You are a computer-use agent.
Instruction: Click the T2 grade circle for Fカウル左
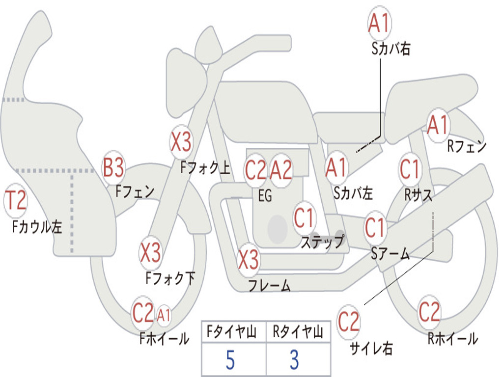click(15, 201)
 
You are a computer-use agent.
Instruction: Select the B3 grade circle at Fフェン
click(113, 167)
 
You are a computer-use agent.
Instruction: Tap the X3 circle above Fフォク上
click(181, 142)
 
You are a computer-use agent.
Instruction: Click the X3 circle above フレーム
click(248, 259)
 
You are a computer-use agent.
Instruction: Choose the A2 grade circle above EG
click(281, 170)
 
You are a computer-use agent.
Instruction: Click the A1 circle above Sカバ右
click(380, 23)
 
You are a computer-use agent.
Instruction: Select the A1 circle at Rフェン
click(438, 125)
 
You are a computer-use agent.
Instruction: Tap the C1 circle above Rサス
click(410, 169)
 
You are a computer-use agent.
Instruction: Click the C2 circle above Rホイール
click(429, 312)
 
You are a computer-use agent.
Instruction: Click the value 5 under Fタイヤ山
click(230, 360)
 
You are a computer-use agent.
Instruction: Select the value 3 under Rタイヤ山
click(295, 360)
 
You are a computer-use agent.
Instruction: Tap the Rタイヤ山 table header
click(298, 332)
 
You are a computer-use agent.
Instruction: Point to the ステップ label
click(323, 242)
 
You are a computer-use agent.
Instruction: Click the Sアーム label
click(391, 254)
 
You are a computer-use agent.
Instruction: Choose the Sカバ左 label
click(353, 193)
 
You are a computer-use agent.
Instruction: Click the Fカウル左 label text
click(37, 226)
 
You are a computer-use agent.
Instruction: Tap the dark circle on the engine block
click(278, 229)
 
